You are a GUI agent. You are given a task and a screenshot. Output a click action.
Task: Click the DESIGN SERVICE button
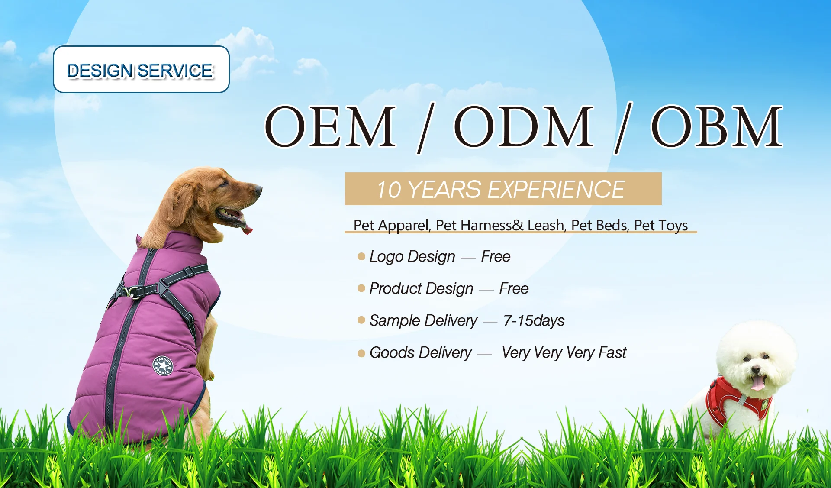[x=141, y=69]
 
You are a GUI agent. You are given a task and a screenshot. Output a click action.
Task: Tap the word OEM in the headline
[x=330, y=126]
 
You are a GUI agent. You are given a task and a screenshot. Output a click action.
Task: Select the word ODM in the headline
[x=523, y=126]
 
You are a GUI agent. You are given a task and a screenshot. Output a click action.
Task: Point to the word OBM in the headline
[x=717, y=126]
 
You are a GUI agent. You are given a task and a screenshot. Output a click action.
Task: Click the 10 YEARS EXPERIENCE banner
[x=502, y=189]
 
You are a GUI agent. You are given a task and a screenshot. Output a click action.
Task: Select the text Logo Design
[x=412, y=256]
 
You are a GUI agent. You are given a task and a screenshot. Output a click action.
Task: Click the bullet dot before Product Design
[x=361, y=288]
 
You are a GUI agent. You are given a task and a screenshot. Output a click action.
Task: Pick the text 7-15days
[x=534, y=320]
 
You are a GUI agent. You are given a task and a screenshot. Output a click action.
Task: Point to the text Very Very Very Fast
[x=564, y=352]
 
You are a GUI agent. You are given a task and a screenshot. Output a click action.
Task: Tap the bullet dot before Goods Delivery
[x=361, y=353]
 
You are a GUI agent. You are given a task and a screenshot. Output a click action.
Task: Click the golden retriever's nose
[x=258, y=189]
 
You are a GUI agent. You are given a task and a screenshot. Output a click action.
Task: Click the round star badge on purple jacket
[x=163, y=366]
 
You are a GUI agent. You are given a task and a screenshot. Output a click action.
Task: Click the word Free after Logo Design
[x=496, y=256]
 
